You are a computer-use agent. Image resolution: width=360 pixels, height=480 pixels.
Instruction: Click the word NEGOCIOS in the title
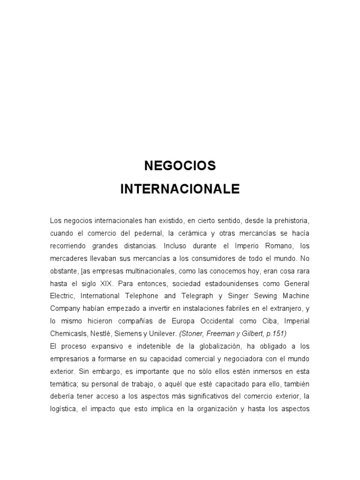point(180,165)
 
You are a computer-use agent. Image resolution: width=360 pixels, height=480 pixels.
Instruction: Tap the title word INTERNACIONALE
point(180,189)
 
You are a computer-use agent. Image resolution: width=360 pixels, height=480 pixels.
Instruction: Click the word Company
point(65,308)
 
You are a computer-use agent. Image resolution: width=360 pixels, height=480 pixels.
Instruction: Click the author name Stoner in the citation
point(194,333)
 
